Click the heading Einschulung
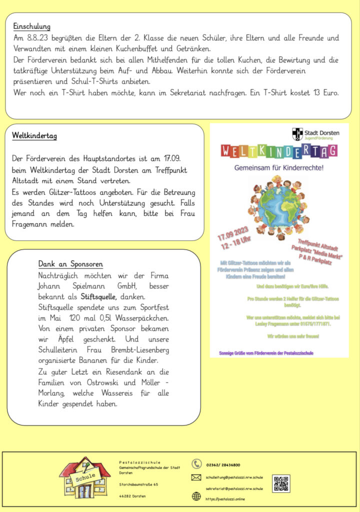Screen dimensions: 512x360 pyautogui.click(x=32, y=26)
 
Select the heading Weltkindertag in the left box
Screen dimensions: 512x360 pyautogui.click(x=34, y=136)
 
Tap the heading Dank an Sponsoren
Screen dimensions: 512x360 pyautogui.click(x=70, y=264)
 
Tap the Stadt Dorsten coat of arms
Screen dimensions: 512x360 pyautogui.click(x=297, y=134)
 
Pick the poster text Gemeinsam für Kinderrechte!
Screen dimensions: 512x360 pyautogui.click(x=279, y=168)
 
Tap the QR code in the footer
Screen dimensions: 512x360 pyautogui.click(x=281, y=483)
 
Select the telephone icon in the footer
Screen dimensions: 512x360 pyautogui.click(x=196, y=464)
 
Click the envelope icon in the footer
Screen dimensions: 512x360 pyautogui.click(x=196, y=477)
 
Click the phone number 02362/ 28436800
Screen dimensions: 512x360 pyautogui.click(x=223, y=465)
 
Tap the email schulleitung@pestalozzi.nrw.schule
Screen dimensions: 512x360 pyautogui.click(x=234, y=477)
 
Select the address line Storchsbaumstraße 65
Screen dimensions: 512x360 pyautogui.click(x=138, y=484)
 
